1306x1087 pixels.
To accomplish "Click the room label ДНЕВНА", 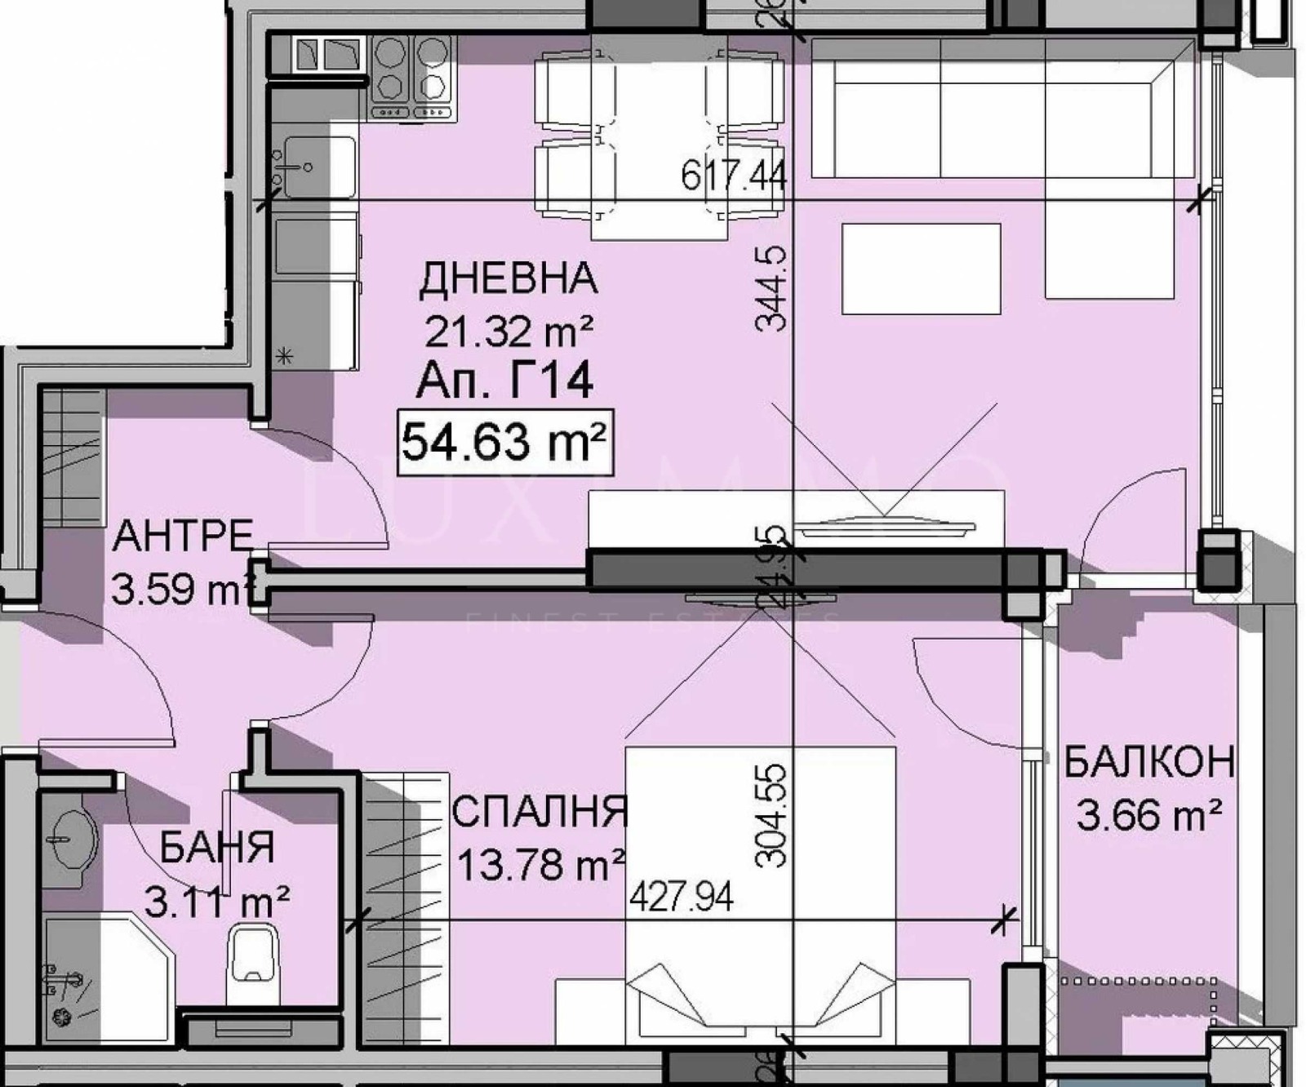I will click(x=508, y=278).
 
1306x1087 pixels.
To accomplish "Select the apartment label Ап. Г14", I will click(x=504, y=381).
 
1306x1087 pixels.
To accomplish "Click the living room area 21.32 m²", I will click(x=508, y=331).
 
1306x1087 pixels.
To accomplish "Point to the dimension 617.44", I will click(x=733, y=176).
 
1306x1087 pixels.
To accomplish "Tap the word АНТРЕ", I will click(x=183, y=537).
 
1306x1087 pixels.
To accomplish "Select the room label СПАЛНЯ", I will click(x=540, y=812).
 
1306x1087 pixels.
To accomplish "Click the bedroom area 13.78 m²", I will click(x=541, y=865).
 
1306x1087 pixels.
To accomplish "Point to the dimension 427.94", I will click(x=682, y=898).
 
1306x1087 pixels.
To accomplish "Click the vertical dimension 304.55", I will click(x=772, y=815).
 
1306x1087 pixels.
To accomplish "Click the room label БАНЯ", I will click(x=216, y=849).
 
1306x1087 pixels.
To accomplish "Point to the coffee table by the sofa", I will click(x=921, y=269).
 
